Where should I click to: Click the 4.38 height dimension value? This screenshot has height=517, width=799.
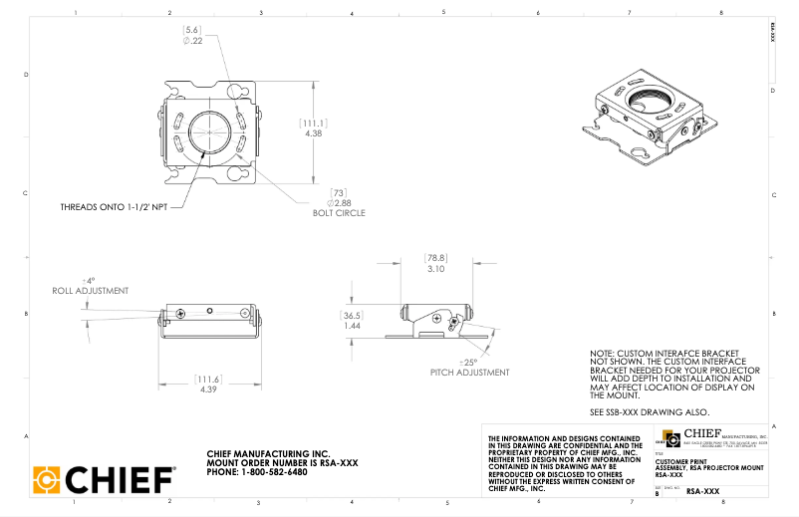click(x=314, y=132)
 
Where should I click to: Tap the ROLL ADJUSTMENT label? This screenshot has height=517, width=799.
click(x=91, y=291)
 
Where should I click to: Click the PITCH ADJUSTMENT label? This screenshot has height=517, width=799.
click(x=470, y=372)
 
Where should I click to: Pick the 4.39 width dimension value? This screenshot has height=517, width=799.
click(x=206, y=388)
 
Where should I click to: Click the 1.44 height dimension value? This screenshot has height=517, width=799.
click(x=352, y=326)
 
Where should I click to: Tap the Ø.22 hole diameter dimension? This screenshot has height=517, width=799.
click(x=193, y=41)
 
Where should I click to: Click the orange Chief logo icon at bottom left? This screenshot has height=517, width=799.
click(x=47, y=479)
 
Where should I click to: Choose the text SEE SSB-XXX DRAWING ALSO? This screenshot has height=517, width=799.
click(x=650, y=412)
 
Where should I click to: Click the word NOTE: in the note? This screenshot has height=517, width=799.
click(x=603, y=353)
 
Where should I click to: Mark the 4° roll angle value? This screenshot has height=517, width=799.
click(x=88, y=281)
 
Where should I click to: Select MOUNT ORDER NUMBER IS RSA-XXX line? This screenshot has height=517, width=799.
click(x=282, y=462)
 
